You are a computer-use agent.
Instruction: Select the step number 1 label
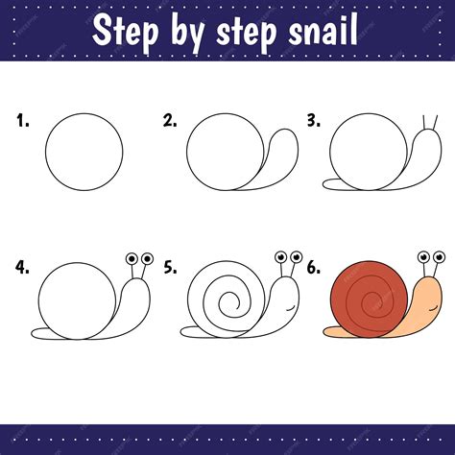[22, 121]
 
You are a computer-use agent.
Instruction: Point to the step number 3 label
[313, 121]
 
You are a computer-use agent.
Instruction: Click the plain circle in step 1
[85, 151]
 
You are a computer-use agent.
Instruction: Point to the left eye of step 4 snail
[132, 258]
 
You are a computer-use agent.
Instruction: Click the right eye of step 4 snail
[147, 258]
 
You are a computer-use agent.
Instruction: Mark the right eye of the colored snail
[439, 257]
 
